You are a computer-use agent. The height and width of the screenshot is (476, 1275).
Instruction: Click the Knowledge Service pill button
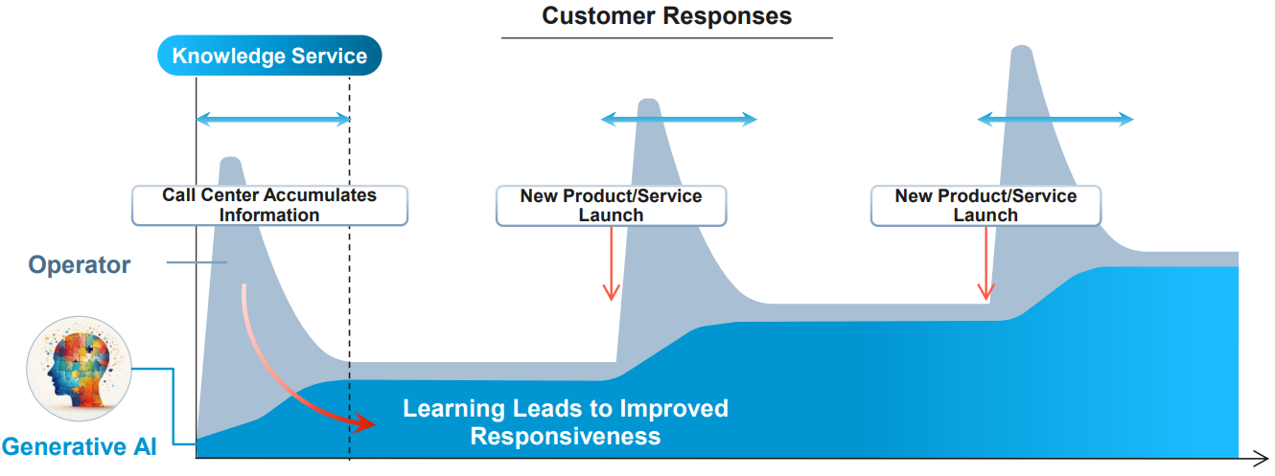point(269,56)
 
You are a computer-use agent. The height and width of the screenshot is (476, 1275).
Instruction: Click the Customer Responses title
point(666,16)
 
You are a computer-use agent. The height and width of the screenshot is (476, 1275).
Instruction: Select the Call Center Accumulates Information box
point(269,205)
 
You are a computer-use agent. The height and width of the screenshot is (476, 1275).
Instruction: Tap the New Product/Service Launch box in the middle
point(612,205)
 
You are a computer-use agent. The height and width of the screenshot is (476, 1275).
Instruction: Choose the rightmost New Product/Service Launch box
point(985,205)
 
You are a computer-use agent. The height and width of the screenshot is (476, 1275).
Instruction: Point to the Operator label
point(80,264)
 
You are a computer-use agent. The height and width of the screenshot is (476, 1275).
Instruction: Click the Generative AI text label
point(80,446)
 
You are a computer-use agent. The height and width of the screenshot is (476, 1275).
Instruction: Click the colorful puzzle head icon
point(80,369)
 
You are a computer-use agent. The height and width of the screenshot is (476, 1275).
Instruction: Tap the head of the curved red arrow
point(363,423)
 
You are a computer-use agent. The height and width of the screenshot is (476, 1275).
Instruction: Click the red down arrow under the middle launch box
point(612,263)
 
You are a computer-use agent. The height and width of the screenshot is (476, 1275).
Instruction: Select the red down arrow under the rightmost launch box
point(985,263)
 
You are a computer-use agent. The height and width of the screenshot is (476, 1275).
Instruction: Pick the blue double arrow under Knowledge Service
point(274,120)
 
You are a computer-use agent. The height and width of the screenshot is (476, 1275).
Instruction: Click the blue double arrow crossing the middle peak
point(679,120)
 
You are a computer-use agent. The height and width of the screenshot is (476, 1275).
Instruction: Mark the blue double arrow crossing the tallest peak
point(1055,120)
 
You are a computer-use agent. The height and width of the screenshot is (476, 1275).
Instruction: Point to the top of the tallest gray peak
point(1022,47)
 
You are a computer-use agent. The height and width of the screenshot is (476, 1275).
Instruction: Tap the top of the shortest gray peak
point(230,158)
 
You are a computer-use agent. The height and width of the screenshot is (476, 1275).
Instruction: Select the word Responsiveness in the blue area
point(566,436)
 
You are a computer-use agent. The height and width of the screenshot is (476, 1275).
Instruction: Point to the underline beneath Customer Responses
point(666,38)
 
